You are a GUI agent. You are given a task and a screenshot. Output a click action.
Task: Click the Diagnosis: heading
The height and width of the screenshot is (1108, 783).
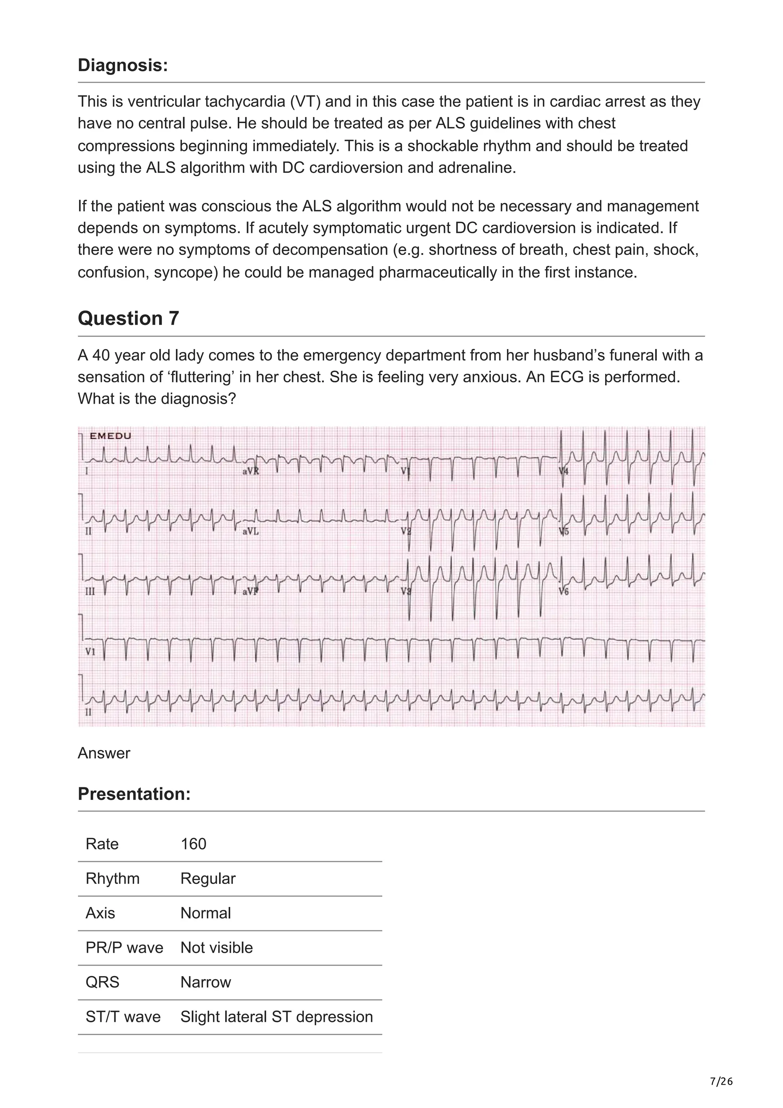[x=123, y=65]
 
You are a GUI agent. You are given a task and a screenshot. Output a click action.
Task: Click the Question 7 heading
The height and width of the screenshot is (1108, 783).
[x=128, y=318]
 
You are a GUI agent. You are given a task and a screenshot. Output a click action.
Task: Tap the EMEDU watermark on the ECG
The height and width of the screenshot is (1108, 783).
[x=110, y=436]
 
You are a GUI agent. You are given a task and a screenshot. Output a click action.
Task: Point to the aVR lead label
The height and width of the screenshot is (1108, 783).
[x=250, y=471]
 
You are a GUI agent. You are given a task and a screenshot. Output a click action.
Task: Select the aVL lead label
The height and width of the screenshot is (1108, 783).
[x=250, y=531]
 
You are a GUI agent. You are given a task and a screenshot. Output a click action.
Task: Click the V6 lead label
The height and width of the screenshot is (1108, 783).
[x=564, y=591]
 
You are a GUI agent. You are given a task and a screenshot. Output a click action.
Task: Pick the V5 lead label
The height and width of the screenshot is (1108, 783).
[x=564, y=531]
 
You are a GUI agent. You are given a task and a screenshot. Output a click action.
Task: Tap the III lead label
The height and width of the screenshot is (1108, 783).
[x=90, y=591]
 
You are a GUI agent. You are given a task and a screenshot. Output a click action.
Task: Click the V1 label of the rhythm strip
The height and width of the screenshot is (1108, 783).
[x=90, y=652]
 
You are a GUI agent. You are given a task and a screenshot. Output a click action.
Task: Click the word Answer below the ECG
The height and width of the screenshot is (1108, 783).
[x=104, y=753]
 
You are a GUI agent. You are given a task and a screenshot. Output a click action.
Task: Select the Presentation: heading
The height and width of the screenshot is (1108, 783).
[x=134, y=794]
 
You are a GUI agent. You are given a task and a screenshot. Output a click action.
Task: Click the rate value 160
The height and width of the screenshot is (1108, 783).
[x=193, y=844]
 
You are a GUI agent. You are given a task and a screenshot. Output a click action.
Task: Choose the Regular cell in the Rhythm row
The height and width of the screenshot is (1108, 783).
[x=208, y=879]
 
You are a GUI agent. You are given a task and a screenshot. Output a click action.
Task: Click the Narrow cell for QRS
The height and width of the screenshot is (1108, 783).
[x=206, y=983]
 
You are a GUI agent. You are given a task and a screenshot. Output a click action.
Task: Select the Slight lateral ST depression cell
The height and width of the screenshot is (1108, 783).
[x=276, y=1017]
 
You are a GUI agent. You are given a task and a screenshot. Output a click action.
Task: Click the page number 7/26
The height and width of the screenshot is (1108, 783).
[x=721, y=1082]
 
